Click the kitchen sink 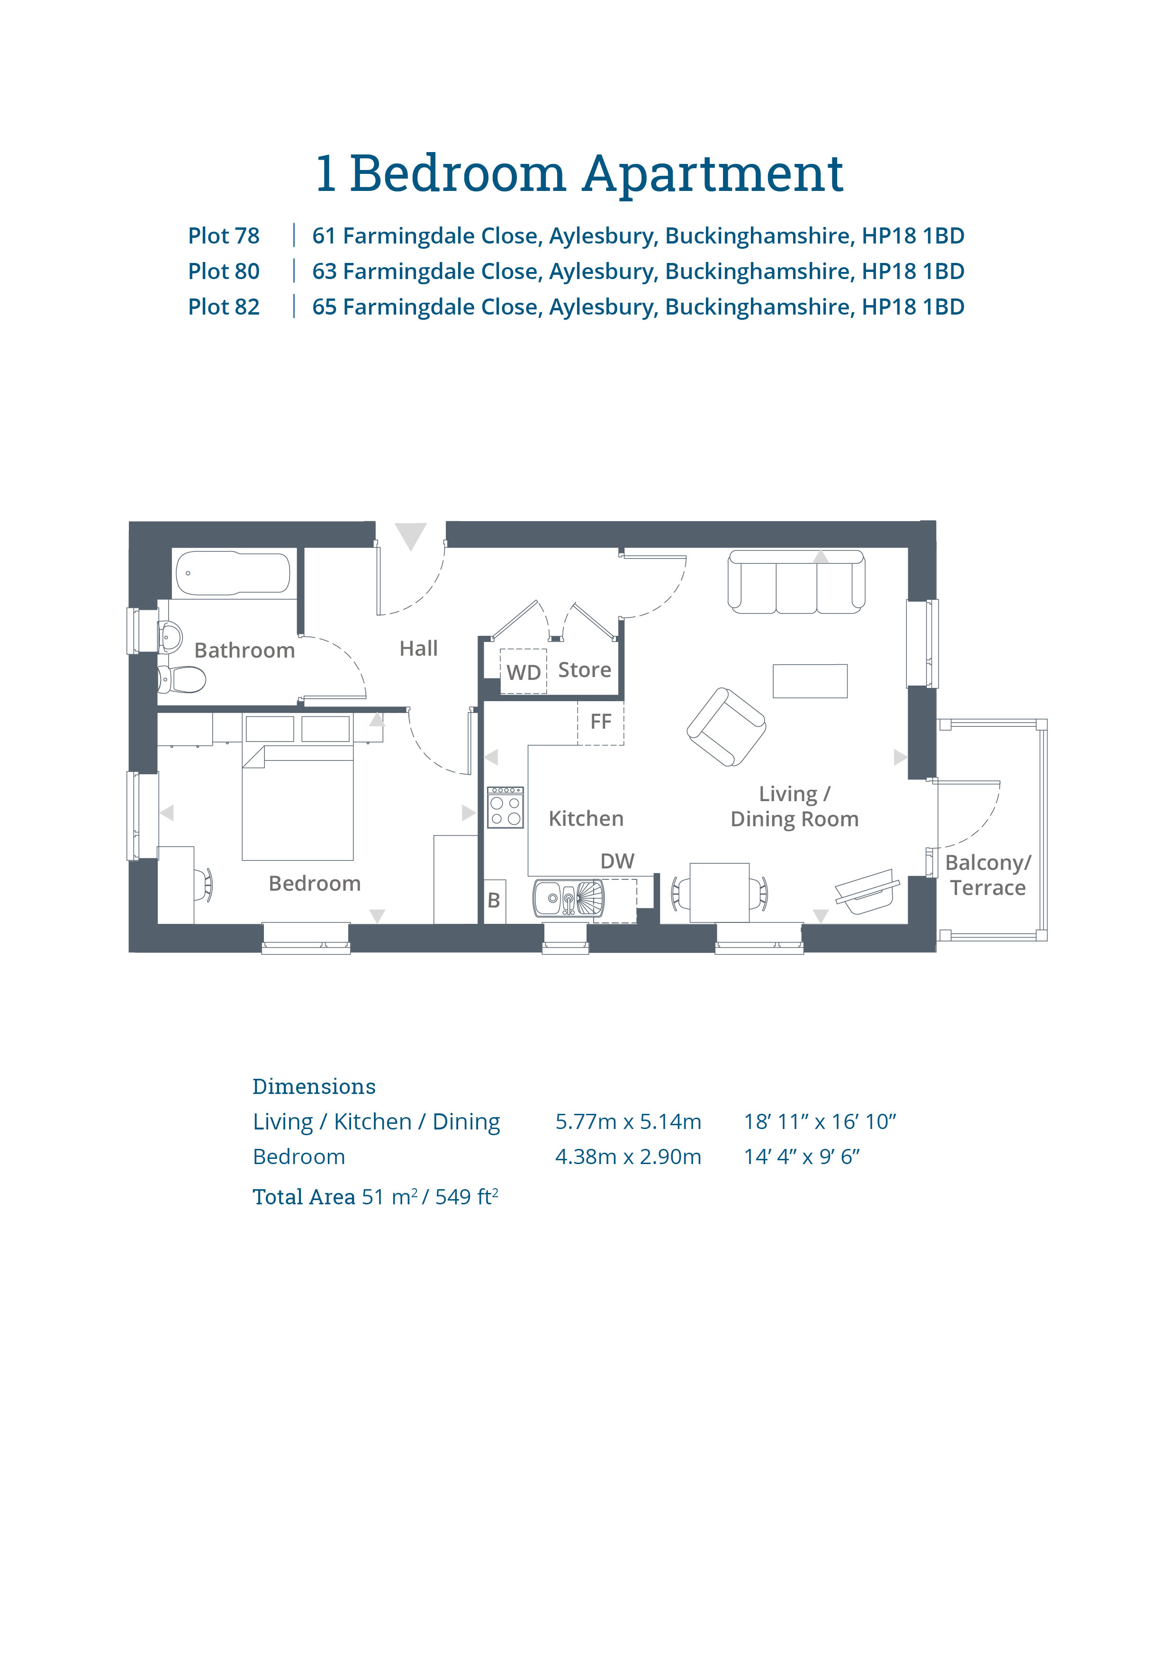click(x=569, y=898)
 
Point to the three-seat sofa click(x=796, y=581)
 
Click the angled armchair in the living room click(x=726, y=727)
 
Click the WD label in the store click(x=524, y=672)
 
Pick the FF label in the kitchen click(x=601, y=722)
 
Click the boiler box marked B click(x=495, y=901)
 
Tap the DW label click(x=617, y=861)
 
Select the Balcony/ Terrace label click(x=988, y=875)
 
